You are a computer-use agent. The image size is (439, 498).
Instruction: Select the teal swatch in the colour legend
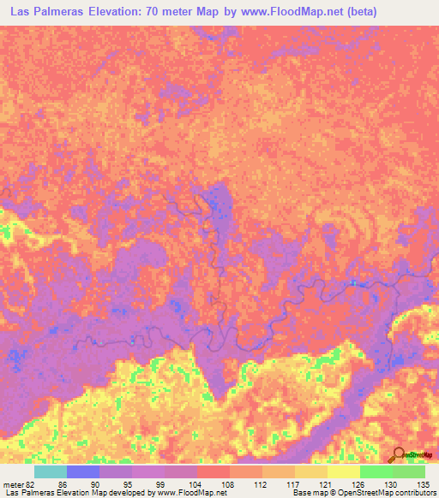[x=51, y=471]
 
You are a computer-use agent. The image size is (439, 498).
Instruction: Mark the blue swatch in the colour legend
[x=84, y=471]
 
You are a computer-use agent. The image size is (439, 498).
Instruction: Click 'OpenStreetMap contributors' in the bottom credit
[x=382, y=493]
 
